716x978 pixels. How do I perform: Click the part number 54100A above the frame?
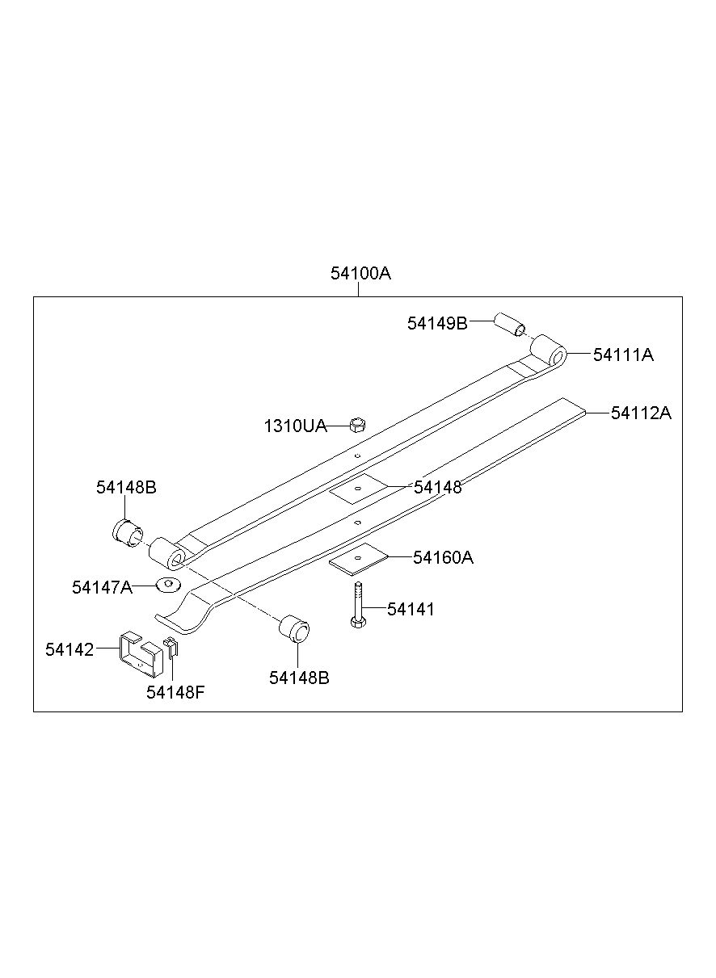pos(360,274)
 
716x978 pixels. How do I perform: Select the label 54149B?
pos(437,323)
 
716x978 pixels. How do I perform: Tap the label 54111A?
pos(623,355)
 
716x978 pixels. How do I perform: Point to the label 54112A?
pos(641,413)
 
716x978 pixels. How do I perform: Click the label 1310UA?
pos(295,426)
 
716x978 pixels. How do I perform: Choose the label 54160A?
pos(443,557)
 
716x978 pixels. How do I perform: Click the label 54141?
pos(411,610)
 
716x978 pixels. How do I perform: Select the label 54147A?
pos(102,587)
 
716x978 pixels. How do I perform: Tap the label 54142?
pos(69,649)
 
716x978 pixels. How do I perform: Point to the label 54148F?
pos(175,692)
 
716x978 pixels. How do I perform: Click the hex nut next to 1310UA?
pos(357,423)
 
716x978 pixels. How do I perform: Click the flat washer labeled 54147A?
pos(168,584)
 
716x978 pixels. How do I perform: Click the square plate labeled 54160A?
pos(358,558)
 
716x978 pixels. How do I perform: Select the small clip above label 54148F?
pos(171,645)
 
